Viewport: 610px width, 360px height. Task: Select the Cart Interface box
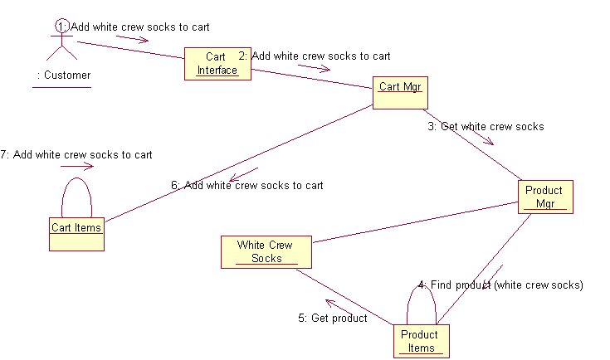pyautogui.click(x=217, y=64)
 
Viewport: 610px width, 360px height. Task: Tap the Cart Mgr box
pyautogui.click(x=400, y=93)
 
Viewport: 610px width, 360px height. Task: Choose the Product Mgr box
pyautogui.click(x=544, y=197)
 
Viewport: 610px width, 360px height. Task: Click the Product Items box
pyautogui.click(x=421, y=341)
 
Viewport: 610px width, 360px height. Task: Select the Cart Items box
pyautogui.click(x=76, y=234)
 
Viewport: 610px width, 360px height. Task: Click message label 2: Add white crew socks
pyautogui.click(x=315, y=56)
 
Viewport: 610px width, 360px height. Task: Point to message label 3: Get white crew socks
pyautogui.click(x=486, y=127)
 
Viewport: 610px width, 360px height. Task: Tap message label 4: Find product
pyautogui.click(x=500, y=285)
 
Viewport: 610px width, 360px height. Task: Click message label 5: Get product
pyautogui.click(x=332, y=319)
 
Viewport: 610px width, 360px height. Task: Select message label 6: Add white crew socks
pyautogui.click(x=247, y=186)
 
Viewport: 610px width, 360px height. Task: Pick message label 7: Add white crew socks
pyautogui.click(x=76, y=155)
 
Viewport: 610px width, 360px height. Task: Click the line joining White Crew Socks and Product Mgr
pyautogui.click(x=415, y=223)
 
